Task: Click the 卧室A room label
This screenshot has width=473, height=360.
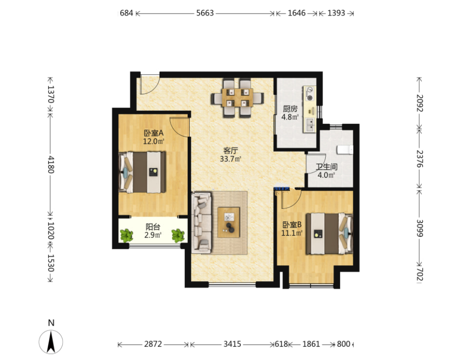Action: (x=153, y=133)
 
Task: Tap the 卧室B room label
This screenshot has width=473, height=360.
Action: (x=292, y=225)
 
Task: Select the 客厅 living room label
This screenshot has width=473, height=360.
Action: (x=230, y=151)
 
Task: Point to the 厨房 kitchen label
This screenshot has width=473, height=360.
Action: (x=290, y=109)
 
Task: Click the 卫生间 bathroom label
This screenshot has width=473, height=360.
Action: (x=327, y=167)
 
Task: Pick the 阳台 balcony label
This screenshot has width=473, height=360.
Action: (x=153, y=227)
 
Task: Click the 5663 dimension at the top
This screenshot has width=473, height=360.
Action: (x=205, y=13)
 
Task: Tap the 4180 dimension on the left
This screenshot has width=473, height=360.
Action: (x=51, y=164)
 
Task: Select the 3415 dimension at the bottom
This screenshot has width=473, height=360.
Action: (x=232, y=344)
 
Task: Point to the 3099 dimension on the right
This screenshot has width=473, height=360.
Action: (x=420, y=228)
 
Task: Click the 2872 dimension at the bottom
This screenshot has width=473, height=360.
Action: (x=153, y=344)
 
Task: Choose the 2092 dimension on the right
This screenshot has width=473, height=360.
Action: (x=420, y=103)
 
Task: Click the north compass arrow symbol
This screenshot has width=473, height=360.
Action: (x=51, y=342)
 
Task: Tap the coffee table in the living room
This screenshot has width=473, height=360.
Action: (x=229, y=222)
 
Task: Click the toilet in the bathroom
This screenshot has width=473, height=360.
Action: (x=345, y=150)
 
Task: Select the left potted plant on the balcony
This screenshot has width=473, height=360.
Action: (x=126, y=236)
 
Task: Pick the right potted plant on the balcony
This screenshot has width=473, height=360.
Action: (x=178, y=236)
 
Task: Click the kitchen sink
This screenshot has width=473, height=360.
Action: (x=310, y=125)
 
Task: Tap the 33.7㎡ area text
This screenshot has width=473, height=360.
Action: (x=230, y=159)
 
